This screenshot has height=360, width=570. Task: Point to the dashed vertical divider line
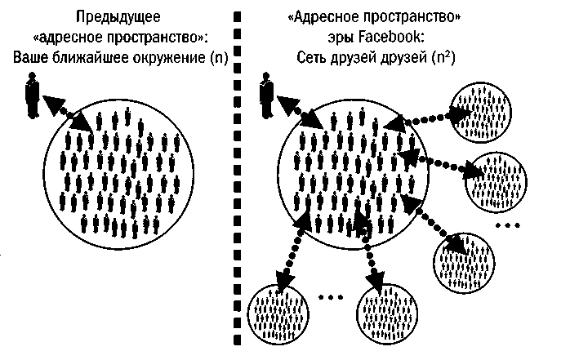coord(238,180)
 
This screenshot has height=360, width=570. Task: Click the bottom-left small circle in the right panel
coord(278,315)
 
